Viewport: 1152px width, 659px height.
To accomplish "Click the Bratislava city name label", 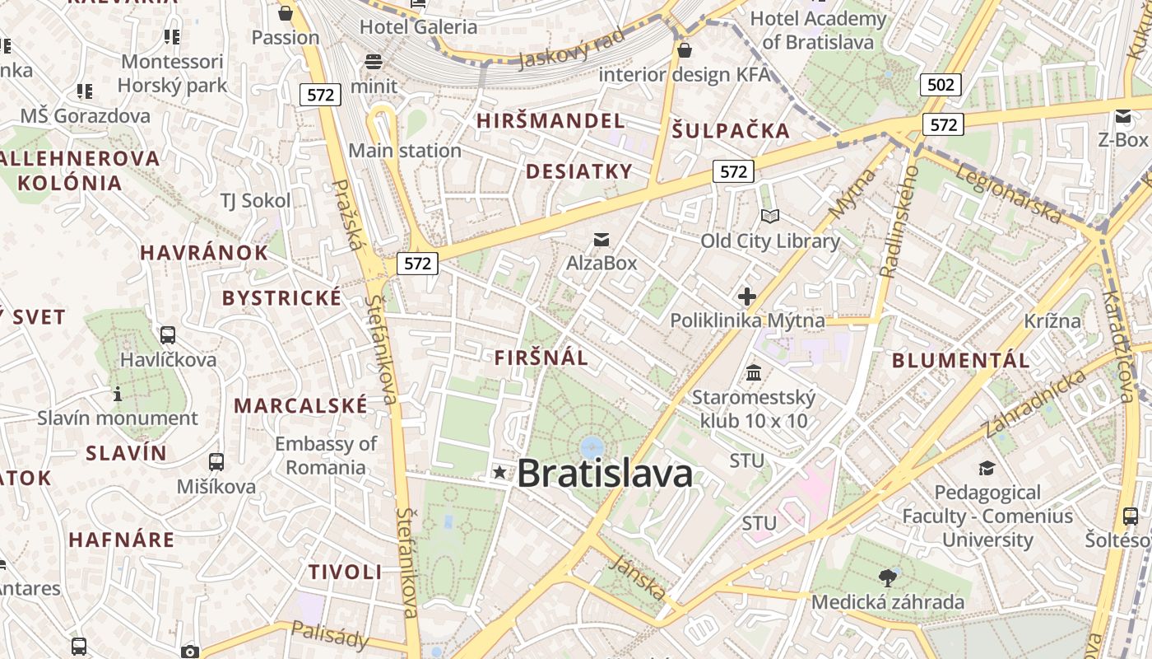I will (605, 474).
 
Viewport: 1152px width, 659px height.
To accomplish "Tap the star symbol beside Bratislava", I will (499, 472).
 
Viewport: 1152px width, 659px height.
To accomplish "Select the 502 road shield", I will (941, 84).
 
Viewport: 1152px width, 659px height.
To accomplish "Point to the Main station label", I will (405, 151).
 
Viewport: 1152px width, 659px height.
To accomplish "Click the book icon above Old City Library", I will (769, 217).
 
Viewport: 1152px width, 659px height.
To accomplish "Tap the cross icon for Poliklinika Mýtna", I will (747, 297).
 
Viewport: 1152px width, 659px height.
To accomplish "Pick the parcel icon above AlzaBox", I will (602, 240).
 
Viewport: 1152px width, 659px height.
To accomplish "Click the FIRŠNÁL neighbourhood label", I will (541, 358).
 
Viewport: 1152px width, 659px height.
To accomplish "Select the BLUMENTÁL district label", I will (960, 360).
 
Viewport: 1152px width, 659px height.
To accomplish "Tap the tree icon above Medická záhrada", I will (887, 577).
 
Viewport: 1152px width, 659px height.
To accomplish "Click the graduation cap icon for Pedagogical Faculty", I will (987, 469).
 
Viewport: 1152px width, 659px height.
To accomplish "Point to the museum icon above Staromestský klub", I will (753, 373).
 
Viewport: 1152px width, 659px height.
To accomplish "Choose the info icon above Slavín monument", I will (118, 394).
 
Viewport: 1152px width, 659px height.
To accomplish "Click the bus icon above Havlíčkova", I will (168, 335).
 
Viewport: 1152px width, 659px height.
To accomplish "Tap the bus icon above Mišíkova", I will (216, 462).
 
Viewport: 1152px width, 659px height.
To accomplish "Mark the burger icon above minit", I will (374, 62).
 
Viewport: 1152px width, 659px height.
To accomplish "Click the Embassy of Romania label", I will (326, 456).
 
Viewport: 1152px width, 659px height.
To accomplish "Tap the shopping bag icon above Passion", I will (286, 13).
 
